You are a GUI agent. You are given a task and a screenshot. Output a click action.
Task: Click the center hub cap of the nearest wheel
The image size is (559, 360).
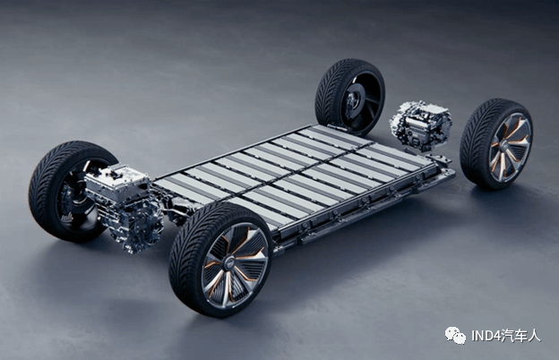point(229,264)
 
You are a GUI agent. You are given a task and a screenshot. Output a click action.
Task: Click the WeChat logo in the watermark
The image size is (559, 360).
point(455,336)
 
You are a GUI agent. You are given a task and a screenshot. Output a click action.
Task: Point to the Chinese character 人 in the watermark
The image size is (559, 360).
point(535,336)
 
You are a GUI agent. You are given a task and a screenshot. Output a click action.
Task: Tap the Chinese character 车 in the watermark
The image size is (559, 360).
point(520,336)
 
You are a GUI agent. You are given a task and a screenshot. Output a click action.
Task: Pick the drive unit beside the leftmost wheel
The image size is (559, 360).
point(124,208)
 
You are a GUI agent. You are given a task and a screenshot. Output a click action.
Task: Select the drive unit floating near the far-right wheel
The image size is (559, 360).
point(421,124)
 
